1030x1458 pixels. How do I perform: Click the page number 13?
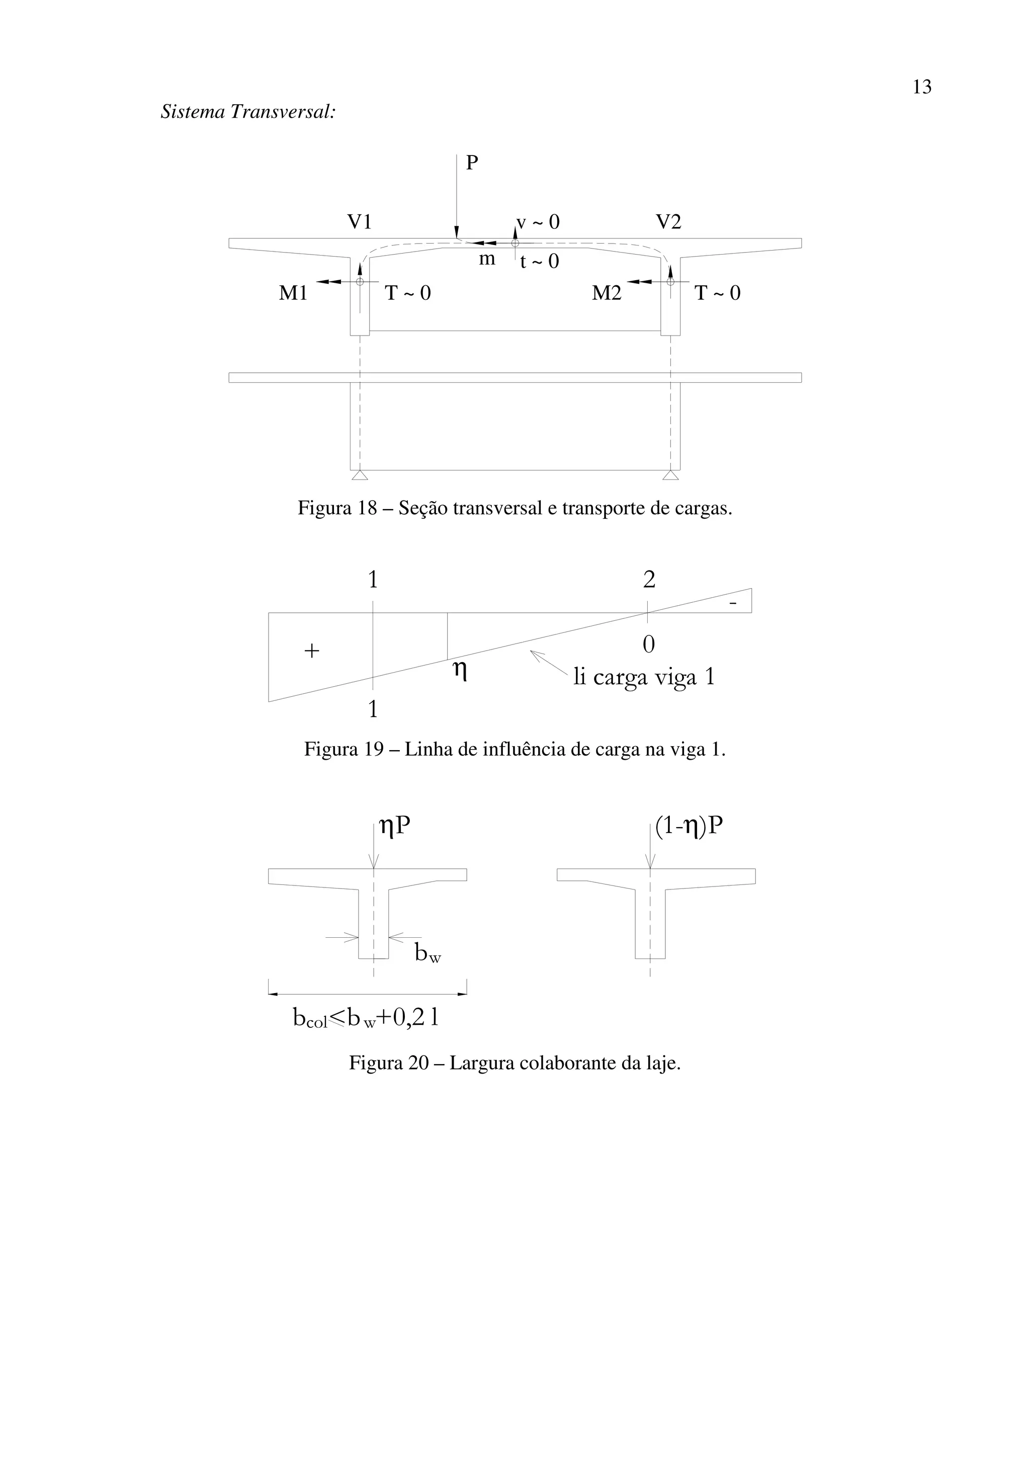(x=921, y=87)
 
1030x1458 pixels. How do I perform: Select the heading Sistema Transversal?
(x=248, y=112)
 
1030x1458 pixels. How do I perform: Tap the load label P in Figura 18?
(x=472, y=163)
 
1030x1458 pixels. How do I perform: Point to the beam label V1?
(x=359, y=222)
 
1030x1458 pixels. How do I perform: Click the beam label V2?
(x=668, y=222)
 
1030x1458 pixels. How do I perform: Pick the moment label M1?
(x=293, y=293)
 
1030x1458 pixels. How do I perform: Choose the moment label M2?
(x=606, y=293)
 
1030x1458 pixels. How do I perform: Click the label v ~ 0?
(x=538, y=222)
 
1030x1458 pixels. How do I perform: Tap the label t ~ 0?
(x=540, y=262)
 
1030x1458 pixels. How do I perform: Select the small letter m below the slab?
(x=487, y=259)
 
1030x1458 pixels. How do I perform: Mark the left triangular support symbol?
(x=360, y=475)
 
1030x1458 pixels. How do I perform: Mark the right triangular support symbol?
(x=671, y=475)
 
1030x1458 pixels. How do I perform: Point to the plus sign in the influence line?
(x=312, y=651)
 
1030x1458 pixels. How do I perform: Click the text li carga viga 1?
(x=644, y=677)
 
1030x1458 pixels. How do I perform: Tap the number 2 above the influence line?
(x=649, y=580)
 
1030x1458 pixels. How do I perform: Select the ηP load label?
(x=394, y=826)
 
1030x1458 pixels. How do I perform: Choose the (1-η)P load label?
(x=689, y=826)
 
